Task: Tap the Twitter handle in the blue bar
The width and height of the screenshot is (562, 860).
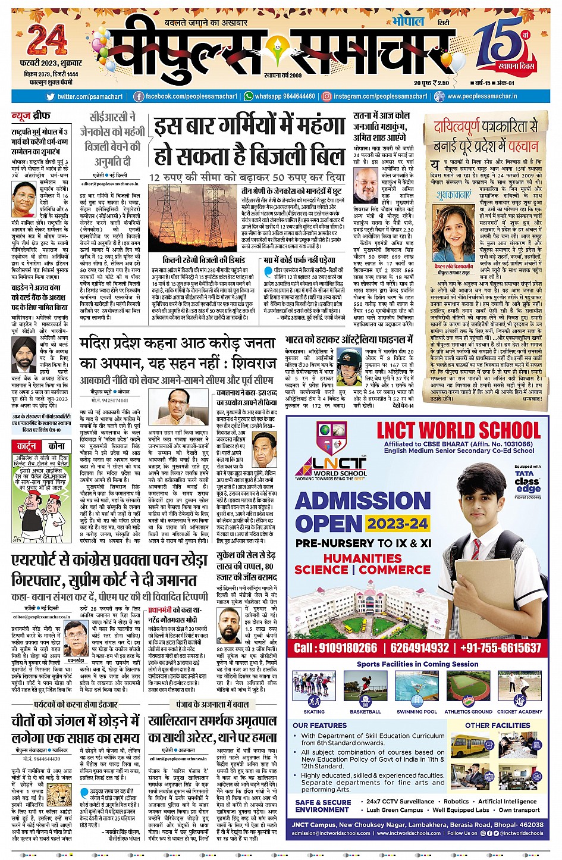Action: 90,96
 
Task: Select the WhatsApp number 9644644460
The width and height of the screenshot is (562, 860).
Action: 285,96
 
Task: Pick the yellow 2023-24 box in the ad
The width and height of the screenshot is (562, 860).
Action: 397,524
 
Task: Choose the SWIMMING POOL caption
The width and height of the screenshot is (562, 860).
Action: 417,712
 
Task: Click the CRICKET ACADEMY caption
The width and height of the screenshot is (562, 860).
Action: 520,712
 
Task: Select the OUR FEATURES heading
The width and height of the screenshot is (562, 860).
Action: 319,725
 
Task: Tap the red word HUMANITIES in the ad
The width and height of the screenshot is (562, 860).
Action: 362,558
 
